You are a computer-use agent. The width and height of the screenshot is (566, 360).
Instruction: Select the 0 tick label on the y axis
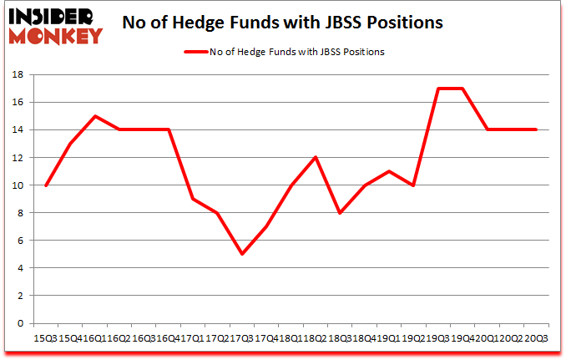pyautogui.click(x=20, y=323)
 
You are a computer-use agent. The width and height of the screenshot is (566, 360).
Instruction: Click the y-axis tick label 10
pyautogui.click(x=17, y=185)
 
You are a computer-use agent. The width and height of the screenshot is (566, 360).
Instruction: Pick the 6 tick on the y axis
pyautogui.click(x=20, y=241)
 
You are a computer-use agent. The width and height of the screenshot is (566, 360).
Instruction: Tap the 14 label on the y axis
pyautogui.click(x=17, y=130)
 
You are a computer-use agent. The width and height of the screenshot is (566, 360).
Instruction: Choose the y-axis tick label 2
pyautogui.click(x=20, y=296)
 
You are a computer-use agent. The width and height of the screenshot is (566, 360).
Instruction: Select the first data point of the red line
pyautogui.click(x=47, y=185)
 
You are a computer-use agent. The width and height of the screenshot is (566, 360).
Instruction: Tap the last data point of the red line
pyautogui.click(x=535, y=129)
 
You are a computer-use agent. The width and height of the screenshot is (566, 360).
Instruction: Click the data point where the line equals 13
pyautogui.click(x=71, y=144)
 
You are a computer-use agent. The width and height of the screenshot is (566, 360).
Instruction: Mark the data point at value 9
pyautogui.click(x=192, y=199)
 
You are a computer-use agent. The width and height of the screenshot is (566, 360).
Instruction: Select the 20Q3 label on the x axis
pyautogui.click(x=535, y=338)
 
